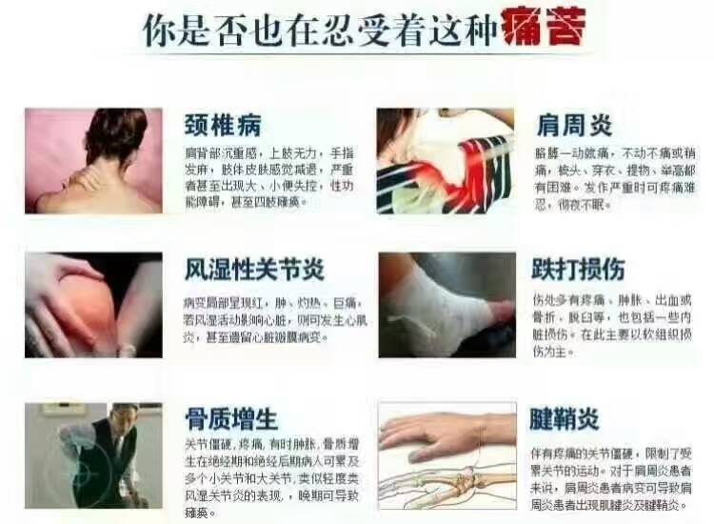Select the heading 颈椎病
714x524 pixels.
tap(223, 126)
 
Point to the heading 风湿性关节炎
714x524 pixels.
tap(254, 269)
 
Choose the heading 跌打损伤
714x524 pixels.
tap(584, 270)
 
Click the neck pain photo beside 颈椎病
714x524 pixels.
tap(92, 160)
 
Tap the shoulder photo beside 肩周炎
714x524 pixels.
tap(446, 160)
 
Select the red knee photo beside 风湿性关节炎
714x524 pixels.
tap(92, 304)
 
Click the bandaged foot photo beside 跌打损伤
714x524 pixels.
tap(446, 304)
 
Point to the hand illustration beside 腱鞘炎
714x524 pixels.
tap(446, 454)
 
